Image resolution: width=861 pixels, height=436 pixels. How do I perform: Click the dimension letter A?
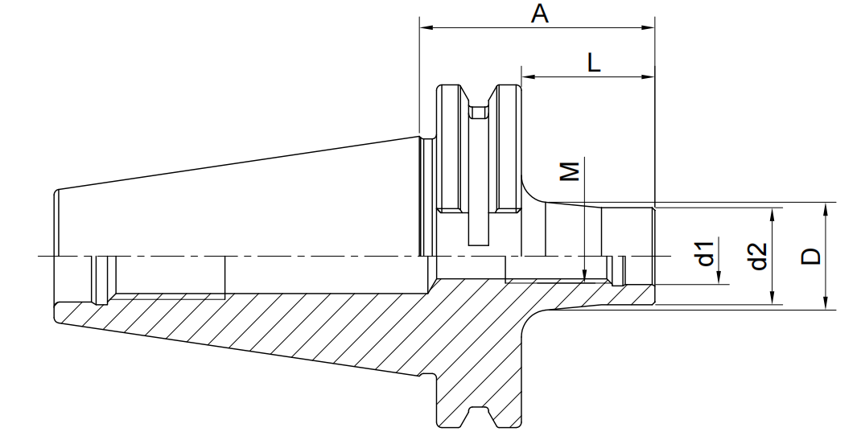pyautogui.click(x=540, y=13)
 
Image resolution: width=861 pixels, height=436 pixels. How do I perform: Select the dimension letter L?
pyautogui.click(x=594, y=64)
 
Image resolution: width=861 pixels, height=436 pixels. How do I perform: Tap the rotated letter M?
pyautogui.click(x=571, y=171)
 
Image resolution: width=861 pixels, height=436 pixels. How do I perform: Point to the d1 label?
pyautogui.click(x=705, y=253)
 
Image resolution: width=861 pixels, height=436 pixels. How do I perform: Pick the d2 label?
pyautogui.click(x=758, y=256)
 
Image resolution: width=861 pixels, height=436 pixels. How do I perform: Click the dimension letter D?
pyautogui.click(x=810, y=256)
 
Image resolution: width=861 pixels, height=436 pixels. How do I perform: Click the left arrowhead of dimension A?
pyautogui.click(x=426, y=27)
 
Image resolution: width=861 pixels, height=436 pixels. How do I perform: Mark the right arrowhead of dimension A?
pyautogui.click(x=648, y=27)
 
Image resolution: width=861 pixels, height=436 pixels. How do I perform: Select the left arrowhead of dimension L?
pyautogui.click(x=529, y=77)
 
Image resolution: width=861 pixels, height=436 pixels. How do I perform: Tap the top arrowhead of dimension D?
pyautogui.click(x=826, y=209)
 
